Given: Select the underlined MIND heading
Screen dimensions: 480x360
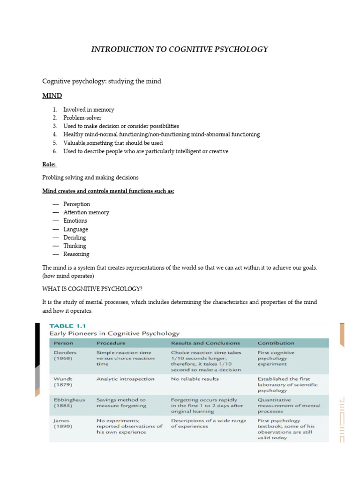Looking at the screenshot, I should point(52,96).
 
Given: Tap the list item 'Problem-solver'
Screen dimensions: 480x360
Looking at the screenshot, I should point(82,118).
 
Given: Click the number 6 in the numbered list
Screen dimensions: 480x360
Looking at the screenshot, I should point(54,151).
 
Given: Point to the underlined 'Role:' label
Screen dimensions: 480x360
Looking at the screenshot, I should point(49,165).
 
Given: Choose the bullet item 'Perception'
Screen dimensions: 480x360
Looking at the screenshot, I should point(77,204).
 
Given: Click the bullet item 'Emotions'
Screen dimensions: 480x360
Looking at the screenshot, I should point(75,221).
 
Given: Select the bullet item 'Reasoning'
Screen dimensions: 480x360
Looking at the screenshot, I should point(76,254).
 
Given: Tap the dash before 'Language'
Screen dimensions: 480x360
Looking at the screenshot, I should point(56,229).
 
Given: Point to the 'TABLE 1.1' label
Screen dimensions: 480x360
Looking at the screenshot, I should point(67,325).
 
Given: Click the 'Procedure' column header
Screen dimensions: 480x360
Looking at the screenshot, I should point(111,343).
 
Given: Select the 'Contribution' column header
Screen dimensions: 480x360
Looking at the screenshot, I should point(276,343).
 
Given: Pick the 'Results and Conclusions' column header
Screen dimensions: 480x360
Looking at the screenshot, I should point(205,343).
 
